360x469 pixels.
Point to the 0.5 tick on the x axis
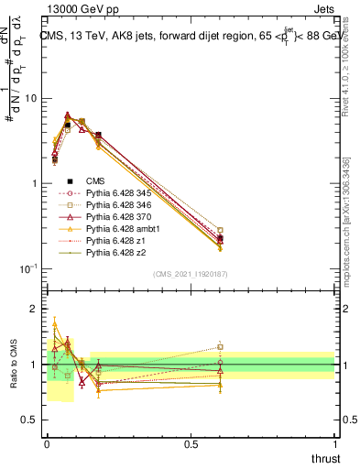tap(191, 442)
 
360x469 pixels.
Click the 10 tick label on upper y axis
tap(32, 98)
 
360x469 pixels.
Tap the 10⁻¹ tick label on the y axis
tap(28, 268)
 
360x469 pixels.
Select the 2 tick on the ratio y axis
tap(35, 310)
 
